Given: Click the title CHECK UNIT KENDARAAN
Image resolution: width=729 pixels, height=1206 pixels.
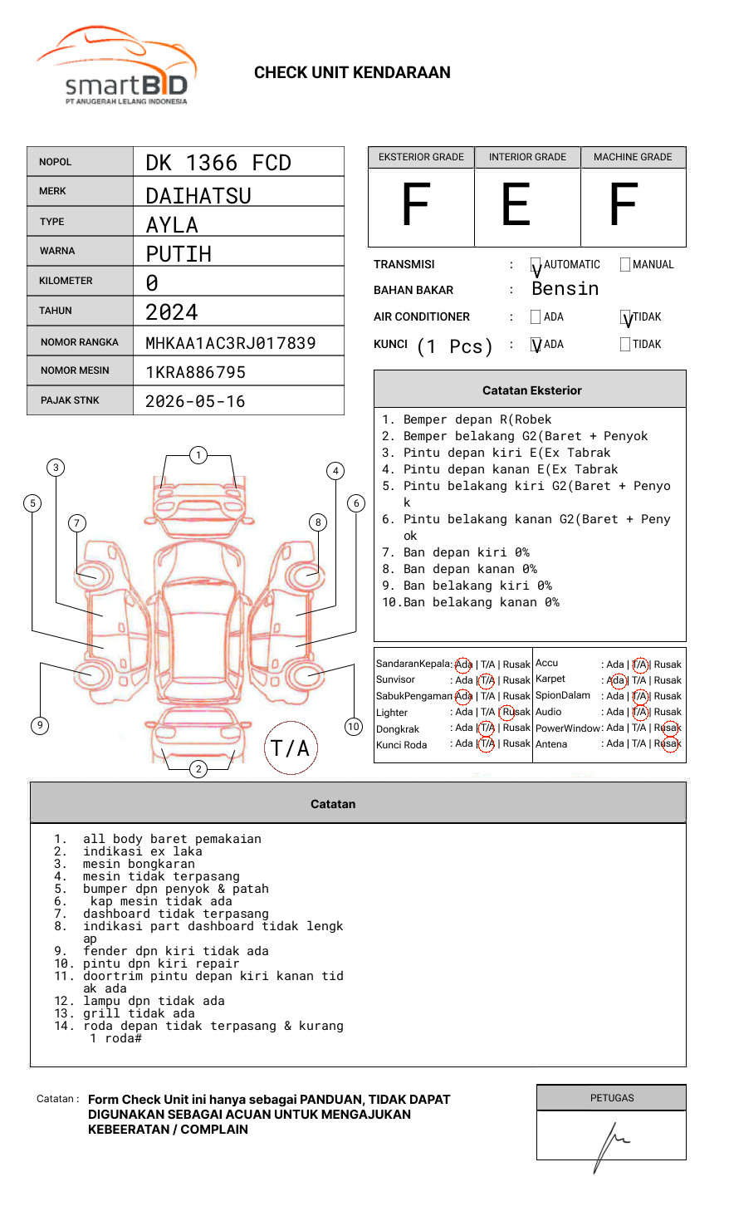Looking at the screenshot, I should click(x=352, y=73).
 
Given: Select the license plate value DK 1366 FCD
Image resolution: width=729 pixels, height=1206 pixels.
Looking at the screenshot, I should click(x=218, y=163).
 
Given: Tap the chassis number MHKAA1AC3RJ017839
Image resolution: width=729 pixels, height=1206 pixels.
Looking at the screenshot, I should click(x=230, y=343).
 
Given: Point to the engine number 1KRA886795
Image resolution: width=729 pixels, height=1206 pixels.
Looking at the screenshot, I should click(x=195, y=372).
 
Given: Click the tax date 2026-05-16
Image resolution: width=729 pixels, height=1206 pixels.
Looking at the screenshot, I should click(x=195, y=402).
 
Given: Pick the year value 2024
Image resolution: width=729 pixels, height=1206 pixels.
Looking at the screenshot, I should click(x=172, y=312).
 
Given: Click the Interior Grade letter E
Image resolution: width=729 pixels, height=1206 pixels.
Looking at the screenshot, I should click(x=516, y=206).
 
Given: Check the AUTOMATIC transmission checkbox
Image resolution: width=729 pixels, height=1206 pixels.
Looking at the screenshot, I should click(x=536, y=265).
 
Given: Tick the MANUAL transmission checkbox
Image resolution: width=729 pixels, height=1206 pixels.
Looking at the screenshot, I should click(x=625, y=265).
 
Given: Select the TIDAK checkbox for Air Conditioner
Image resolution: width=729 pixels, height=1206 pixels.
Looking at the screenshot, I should click(x=625, y=317).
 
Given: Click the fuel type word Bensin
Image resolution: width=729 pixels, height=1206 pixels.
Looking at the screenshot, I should click(x=565, y=289).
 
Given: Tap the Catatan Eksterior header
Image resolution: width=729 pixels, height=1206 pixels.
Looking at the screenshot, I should click(x=531, y=390).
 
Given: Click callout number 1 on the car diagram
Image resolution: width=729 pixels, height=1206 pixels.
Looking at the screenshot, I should click(x=198, y=455).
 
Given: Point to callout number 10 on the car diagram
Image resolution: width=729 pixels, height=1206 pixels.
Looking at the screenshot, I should click(x=354, y=727).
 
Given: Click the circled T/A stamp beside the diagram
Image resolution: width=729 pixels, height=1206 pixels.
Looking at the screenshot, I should click(x=291, y=748).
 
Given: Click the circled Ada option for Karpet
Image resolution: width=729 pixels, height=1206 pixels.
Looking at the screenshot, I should click(x=615, y=680).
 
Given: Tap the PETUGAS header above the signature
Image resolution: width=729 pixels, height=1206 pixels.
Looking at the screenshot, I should click(x=612, y=1098).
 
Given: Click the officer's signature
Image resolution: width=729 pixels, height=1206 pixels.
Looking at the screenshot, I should click(x=610, y=1145).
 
